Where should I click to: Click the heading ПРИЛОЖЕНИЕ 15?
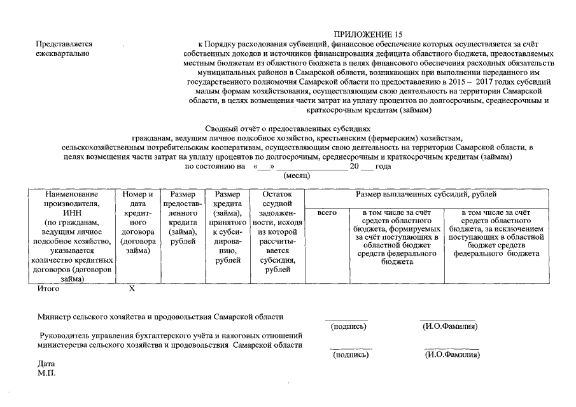[x=368, y=34]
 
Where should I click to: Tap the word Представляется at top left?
[x=64, y=44]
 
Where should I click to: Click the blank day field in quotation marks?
[x=263, y=167]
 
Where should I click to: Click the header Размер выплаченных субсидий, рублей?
[x=426, y=194]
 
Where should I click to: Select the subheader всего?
[x=327, y=212]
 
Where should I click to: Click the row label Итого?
[x=48, y=289]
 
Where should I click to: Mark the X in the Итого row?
[x=132, y=289]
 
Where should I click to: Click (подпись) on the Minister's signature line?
[x=349, y=326]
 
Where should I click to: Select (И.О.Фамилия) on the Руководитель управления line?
[x=452, y=354]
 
